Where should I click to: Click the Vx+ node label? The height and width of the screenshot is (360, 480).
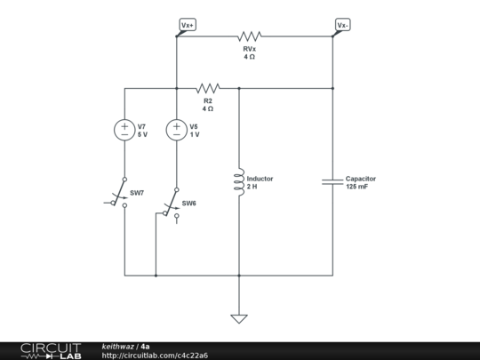188,25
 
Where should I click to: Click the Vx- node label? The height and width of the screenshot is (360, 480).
342,25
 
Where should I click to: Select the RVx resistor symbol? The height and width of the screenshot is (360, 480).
250,36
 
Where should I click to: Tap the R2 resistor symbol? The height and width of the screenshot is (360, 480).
208,88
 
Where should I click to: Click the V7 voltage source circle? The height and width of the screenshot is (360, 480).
124,130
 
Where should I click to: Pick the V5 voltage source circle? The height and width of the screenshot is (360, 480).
176,130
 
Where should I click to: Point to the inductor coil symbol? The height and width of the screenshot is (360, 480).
239,182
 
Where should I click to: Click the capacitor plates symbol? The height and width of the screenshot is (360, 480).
332,181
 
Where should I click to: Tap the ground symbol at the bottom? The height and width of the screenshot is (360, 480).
239,317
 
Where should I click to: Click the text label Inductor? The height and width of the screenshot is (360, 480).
260,179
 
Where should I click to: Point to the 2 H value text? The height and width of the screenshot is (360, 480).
252,187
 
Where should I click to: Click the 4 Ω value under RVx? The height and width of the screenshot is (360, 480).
250,57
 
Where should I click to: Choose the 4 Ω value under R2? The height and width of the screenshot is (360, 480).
208,108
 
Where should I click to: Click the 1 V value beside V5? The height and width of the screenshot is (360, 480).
194,134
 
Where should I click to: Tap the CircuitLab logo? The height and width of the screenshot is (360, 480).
51,350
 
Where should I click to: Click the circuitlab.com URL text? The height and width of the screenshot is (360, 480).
155,356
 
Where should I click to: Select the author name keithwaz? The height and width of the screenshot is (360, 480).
118,346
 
